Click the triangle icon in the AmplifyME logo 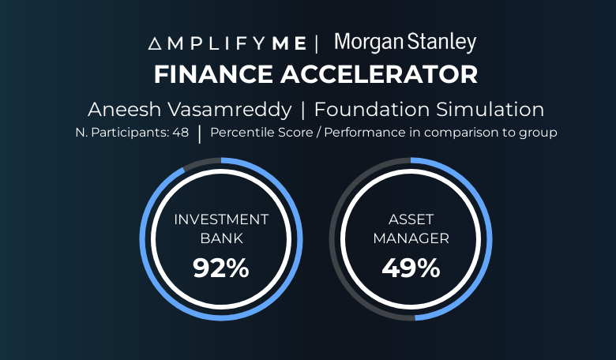154,43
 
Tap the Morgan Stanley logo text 405,43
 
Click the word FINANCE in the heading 214,74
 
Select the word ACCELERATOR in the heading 379,74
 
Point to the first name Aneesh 125,109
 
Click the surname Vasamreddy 230,110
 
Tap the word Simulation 490,109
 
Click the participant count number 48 180,133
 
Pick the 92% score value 221,268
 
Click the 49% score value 411,268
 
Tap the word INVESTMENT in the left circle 221,219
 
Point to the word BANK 222,238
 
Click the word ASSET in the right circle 411,219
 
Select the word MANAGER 411,238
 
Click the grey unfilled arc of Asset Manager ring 332,239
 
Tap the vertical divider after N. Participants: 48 200,134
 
